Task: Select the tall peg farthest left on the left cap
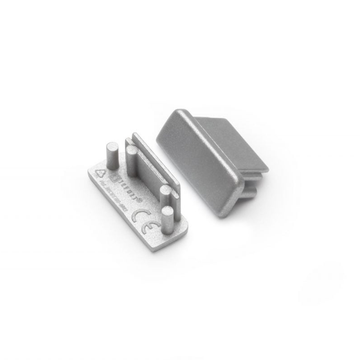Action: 107,153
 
